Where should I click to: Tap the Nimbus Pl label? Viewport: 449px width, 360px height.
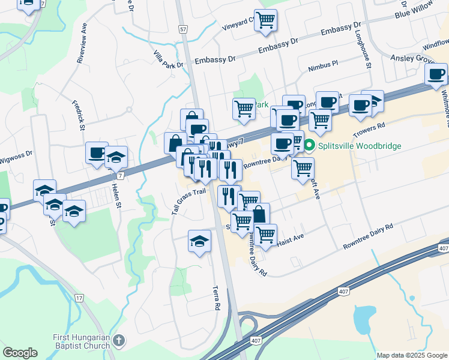(323, 66)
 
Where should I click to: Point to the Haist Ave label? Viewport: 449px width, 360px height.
(291, 239)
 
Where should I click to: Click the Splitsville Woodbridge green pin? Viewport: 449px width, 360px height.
(309, 146)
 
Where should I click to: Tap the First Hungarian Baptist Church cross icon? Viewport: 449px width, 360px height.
(119, 341)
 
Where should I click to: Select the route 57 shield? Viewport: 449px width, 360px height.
(183, 29)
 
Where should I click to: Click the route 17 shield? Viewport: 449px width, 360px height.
(79, 298)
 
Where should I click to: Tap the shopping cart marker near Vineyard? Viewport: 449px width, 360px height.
(265, 21)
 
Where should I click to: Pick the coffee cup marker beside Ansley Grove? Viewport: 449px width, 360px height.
(436, 75)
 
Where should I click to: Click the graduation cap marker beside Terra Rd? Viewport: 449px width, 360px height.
(199, 242)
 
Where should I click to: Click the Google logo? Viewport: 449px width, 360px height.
(20, 353)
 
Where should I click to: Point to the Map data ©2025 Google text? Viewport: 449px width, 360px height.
(412, 355)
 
